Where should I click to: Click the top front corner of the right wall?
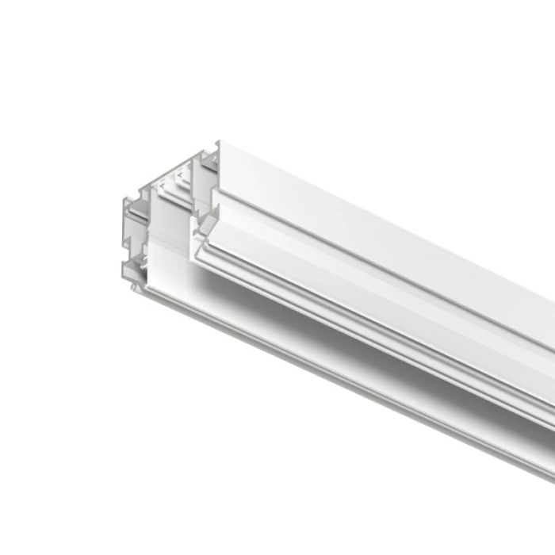[220, 143]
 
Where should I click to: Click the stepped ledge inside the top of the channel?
[170, 187]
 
